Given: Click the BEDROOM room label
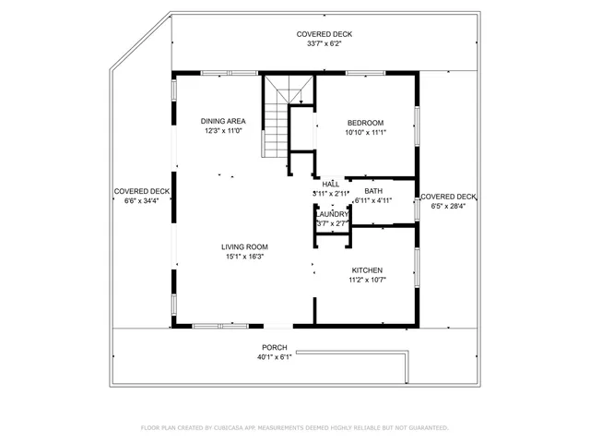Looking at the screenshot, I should click(366, 123).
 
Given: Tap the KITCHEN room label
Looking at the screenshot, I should click(367, 269).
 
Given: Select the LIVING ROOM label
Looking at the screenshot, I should click(244, 246).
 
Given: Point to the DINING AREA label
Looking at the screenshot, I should click(223, 121).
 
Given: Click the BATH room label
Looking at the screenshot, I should click(373, 190).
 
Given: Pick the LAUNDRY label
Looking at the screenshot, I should click(333, 214).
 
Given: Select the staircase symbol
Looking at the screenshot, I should click(279, 117).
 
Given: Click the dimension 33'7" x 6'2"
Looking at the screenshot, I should click(324, 43).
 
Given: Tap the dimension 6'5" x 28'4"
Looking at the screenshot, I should click(449, 206).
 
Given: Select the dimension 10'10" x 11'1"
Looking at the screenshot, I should click(366, 132).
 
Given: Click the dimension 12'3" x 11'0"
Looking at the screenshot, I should click(223, 130).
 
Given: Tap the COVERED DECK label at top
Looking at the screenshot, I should click(324, 34).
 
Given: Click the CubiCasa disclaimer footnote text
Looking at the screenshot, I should click(294, 427).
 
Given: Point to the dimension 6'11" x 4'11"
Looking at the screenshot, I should click(373, 199).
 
